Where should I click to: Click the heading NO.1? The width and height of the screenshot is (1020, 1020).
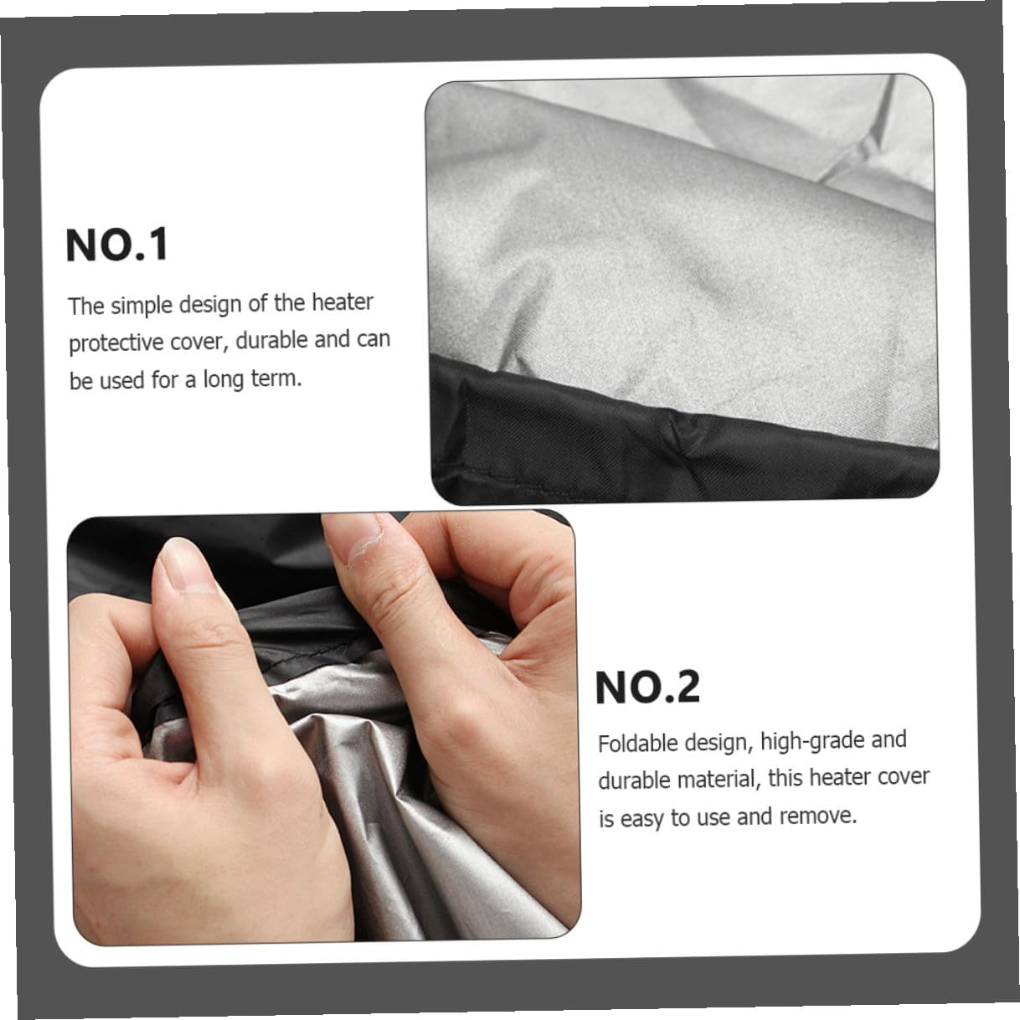point(117,246)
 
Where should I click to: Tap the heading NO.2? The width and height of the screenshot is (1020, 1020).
point(647,688)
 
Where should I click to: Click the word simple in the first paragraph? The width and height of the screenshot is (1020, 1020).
point(141,306)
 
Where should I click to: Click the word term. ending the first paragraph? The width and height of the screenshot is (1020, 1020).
point(277,379)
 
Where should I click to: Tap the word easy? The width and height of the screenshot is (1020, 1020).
point(642,818)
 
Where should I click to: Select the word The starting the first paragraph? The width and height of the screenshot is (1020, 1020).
point(86,307)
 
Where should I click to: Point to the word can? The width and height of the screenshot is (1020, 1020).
point(374,339)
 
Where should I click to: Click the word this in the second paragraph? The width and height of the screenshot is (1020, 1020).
point(786,778)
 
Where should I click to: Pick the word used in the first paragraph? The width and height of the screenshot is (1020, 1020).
point(122,381)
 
